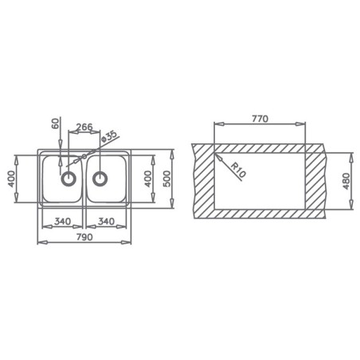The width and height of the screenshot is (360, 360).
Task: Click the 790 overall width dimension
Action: pyautogui.click(x=84, y=237)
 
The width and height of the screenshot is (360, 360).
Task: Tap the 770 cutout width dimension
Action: pyautogui.click(x=260, y=119)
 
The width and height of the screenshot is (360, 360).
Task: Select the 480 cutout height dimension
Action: pyautogui.click(x=346, y=181)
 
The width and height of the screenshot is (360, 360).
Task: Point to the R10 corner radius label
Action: pyautogui.click(x=238, y=170)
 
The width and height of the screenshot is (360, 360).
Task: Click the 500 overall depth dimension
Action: pyautogui.click(x=167, y=178)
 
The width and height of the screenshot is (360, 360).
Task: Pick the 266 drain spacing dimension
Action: pyautogui.click(x=84, y=127)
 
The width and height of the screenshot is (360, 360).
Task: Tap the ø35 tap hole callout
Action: pyautogui.click(x=109, y=136)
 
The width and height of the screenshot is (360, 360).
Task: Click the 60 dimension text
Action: pyautogui.click(x=55, y=123)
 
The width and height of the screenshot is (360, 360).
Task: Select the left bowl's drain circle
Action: pyautogui.click(x=68, y=178)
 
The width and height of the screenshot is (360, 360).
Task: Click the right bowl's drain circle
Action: pyautogui.click(x=100, y=178)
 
